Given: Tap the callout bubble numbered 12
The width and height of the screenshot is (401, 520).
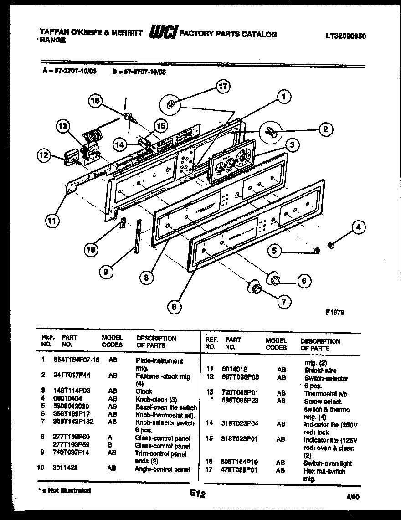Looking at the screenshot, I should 43,156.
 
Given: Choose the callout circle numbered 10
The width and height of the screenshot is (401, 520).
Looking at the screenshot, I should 92,249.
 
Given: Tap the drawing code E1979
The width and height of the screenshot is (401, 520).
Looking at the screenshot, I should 335,313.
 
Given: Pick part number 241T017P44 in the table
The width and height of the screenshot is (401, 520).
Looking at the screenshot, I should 72,376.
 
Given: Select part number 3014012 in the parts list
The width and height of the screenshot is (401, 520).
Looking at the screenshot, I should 235,370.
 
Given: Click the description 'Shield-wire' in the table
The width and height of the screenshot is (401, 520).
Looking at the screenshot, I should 320,371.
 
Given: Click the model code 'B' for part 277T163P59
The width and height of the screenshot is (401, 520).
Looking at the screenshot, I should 112,446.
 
